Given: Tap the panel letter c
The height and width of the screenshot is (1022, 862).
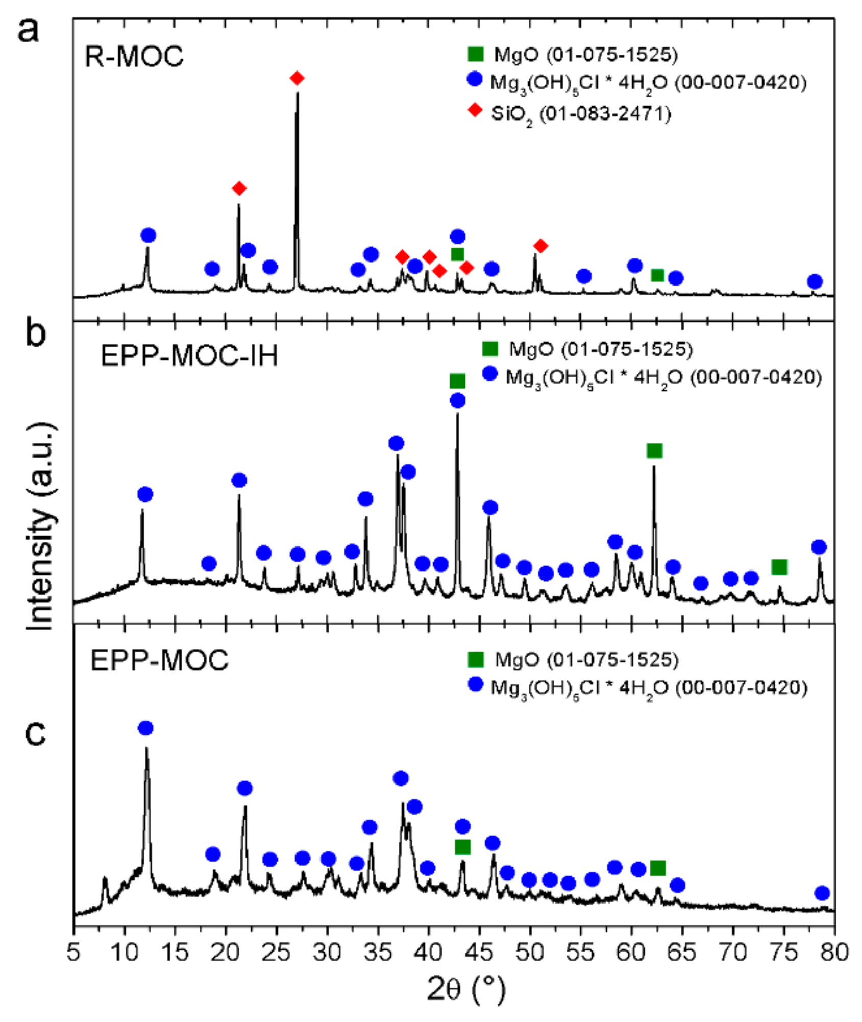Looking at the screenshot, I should (x=35, y=733).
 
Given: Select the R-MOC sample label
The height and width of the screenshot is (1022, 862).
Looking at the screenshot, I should (x=134, y=56).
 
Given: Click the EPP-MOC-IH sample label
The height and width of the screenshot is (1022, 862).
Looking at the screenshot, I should (x=189, y=355).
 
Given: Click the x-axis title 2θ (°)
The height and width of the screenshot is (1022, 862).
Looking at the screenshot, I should (x=465, y=990).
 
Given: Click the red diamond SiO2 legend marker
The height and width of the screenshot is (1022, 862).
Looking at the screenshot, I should (x=475, y=110).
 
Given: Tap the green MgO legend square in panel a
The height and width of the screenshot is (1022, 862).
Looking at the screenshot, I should (x=475, y=54).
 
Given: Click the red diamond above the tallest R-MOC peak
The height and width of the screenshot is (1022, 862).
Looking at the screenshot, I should (x=297, y=78).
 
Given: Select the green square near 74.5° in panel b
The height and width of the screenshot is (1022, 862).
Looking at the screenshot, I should (x=779, y=567).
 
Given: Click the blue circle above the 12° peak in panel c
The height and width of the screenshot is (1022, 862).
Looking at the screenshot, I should (x=145, y=728).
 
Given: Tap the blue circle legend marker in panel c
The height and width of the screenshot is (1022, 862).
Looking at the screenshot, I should (x=475, y=684).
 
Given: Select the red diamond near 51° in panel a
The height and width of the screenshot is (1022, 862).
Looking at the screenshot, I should (x=540, y=246).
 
